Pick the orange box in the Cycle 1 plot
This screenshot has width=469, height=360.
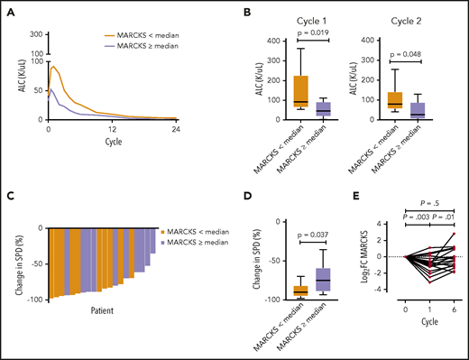[x=299, y=91]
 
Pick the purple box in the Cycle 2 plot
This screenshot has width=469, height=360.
[x=418, y=110]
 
